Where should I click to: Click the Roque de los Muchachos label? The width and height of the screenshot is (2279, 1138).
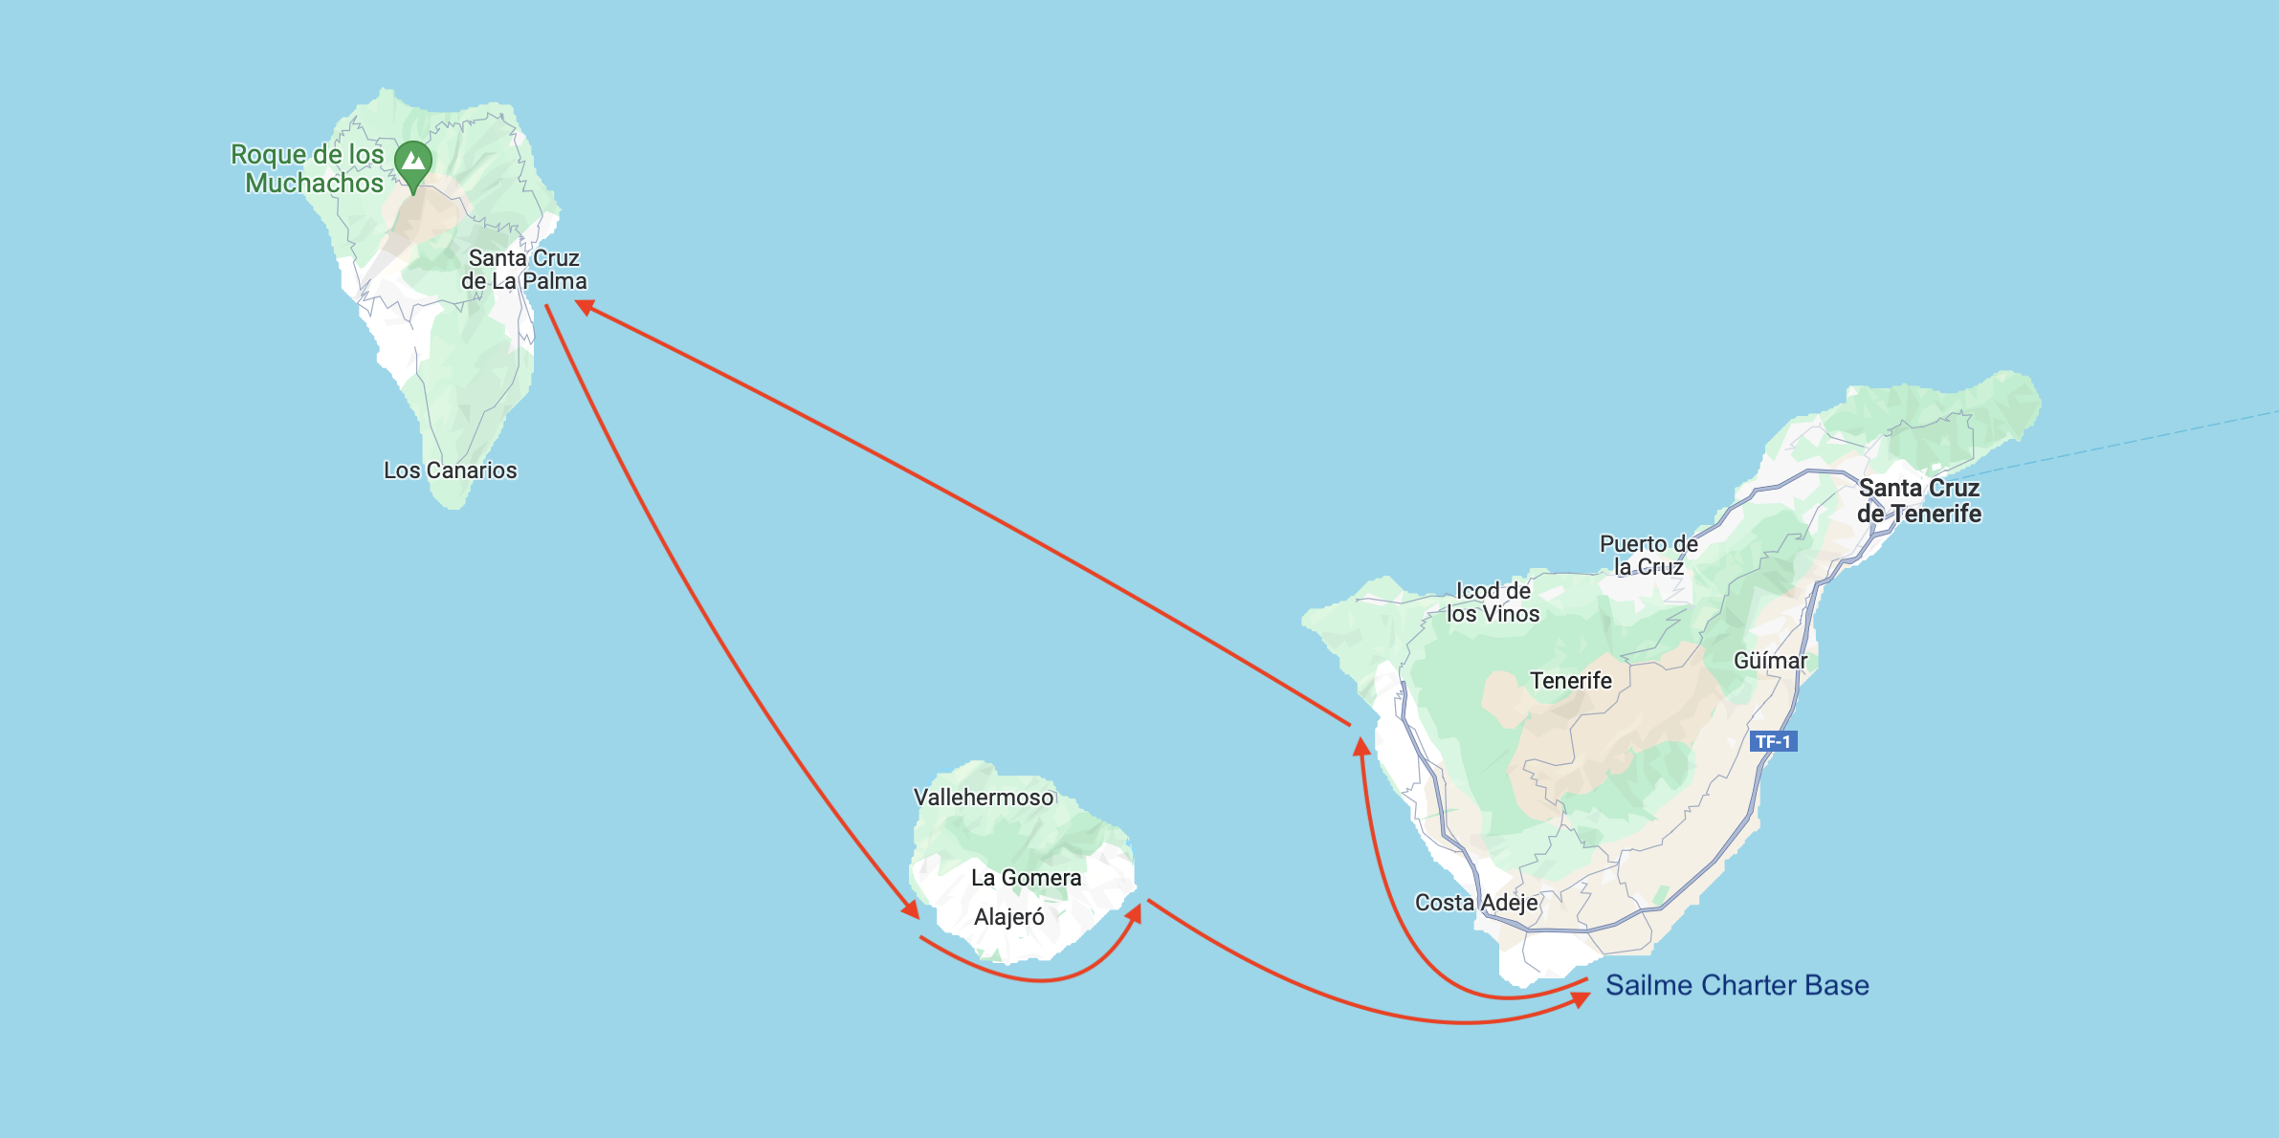coord(307,168)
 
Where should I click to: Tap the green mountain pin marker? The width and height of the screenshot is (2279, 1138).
coord(413,163)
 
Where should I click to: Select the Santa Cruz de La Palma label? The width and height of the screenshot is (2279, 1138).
coord(523,270)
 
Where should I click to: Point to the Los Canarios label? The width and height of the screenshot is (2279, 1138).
coord(450,471)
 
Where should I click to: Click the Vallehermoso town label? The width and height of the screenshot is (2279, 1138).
coord(983,798)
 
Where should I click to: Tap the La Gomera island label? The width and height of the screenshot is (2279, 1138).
coord(1026,878)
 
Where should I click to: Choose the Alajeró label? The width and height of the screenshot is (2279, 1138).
coord(1008,917)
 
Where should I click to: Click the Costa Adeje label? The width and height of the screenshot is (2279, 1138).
coord(1476,903)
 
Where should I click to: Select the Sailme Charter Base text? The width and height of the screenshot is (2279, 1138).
coord(1737,985)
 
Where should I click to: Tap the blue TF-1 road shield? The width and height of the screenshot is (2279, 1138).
coord(1773,741)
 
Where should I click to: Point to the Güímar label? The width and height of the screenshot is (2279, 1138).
coord(1770,661)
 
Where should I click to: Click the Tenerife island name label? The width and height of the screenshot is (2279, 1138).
coord(1570,681)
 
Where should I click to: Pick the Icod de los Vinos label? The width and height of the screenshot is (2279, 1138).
coord(1493,602)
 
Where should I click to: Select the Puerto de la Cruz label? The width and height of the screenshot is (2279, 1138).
coord(1648,556)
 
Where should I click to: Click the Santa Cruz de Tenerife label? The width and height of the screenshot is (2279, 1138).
coord(1918,501)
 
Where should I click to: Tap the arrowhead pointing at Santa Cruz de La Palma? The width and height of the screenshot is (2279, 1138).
coord(585,306)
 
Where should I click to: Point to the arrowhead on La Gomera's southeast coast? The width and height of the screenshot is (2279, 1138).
coord(1134,913)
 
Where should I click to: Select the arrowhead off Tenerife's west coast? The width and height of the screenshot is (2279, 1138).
coord(1361,746)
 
